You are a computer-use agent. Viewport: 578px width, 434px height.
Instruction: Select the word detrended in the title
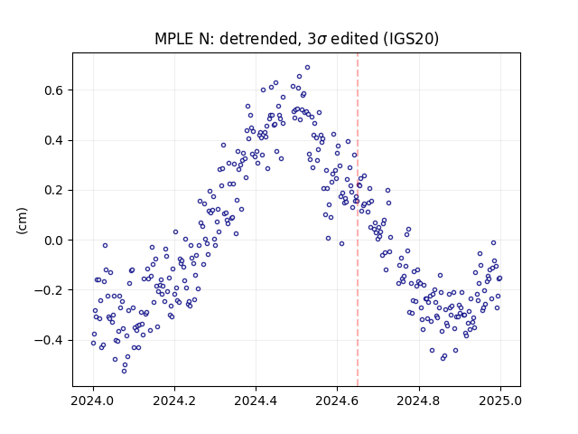(x=258, y=39)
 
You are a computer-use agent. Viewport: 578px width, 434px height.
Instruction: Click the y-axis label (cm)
(x=22, y=221)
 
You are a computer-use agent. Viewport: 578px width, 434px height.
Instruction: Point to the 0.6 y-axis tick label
(x=54, y=90)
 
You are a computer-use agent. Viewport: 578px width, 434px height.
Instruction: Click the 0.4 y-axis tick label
(x=54, y=141)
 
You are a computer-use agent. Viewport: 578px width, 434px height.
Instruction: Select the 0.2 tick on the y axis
(x=54, y=191)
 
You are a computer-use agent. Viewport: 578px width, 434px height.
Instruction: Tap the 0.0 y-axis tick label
(x=54, y=241)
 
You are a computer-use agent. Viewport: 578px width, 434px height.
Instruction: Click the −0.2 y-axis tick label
(x=50, y=290)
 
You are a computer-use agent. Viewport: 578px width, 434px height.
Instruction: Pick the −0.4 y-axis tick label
(x=50, y=340)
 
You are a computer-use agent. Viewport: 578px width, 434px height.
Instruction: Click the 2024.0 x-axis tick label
(x=93, y=401)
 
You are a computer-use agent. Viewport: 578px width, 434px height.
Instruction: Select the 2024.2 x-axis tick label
(x=174, y=401)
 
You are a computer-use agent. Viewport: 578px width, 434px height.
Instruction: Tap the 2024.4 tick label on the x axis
(x=256, y=401)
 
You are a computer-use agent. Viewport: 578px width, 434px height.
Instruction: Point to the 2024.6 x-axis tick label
(x=337, y=401)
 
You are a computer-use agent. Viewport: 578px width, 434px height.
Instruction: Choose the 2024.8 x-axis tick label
(x=419, y=401)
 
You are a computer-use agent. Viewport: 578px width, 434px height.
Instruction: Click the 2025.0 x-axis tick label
(x=500, y=401)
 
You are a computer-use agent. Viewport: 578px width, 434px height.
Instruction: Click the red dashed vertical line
(x=358, y=220)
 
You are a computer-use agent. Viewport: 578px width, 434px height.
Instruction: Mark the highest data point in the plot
(x=307, y=68)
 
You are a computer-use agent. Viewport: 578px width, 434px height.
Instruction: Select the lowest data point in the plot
(x=125, y=371)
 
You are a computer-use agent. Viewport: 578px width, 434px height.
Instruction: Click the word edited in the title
(x=355, y=39)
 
